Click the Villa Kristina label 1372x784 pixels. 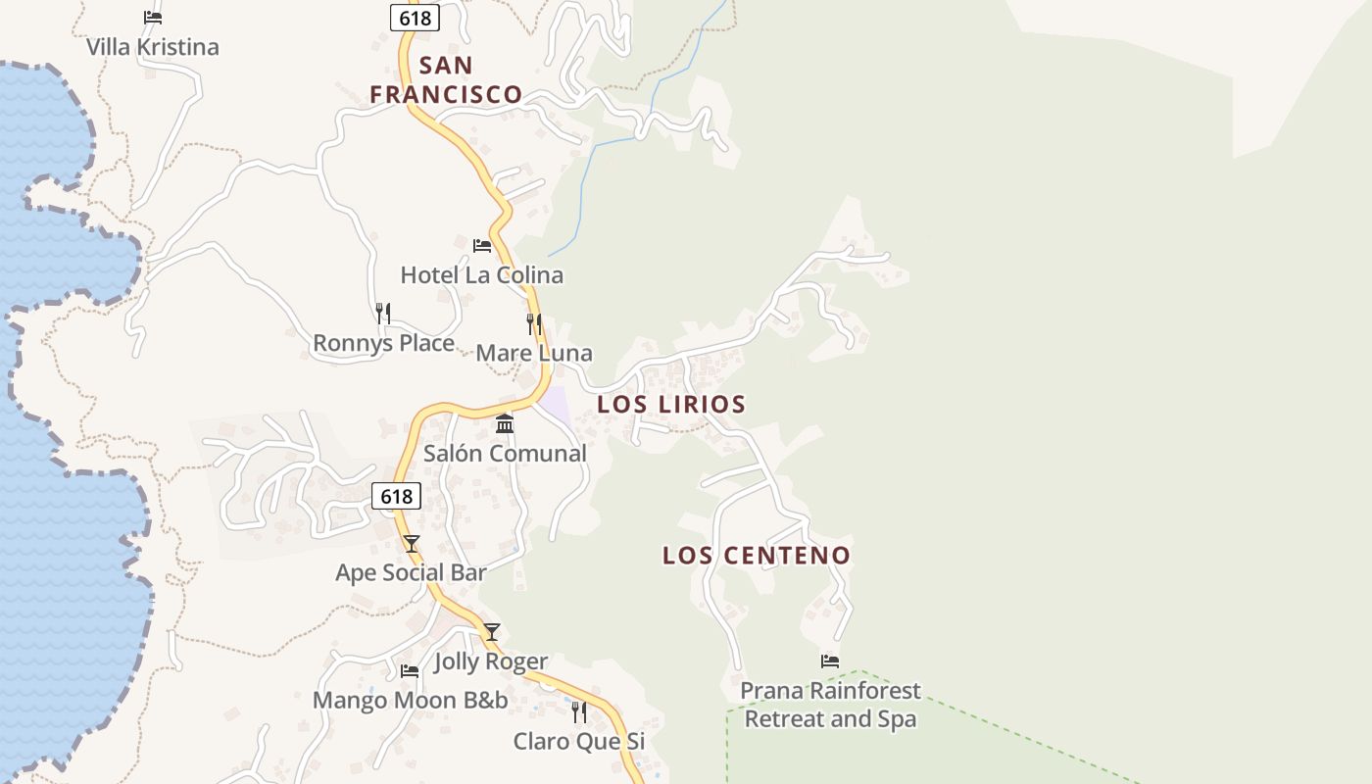click(152, 47)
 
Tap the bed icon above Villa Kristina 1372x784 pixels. click(152, 18)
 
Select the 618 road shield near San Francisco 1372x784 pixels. click(415, 18)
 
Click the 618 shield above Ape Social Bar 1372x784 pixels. click(396, 496)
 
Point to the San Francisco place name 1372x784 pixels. click(446, 80)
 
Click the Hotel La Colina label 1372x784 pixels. click(481, 275)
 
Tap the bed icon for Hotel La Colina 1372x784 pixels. click(482, 245)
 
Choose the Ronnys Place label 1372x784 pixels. click(383, 343)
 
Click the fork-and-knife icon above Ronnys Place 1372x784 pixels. click(383, 314)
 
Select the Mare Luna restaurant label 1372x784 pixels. click(534, 353)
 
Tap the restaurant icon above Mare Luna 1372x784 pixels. click(534, 323)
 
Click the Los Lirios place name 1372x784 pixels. click(671, 404)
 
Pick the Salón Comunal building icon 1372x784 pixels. click(505, 423)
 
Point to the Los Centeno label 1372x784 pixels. click(757, 556)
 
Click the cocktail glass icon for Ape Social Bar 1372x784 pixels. click(412, 544)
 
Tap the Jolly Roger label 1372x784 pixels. click(491, 661)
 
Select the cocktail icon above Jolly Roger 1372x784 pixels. click(492, 632)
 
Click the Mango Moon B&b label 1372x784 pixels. click(410, 701)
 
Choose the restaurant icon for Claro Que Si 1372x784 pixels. click(579, 711)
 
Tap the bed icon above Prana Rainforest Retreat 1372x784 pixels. click(830, 661)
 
